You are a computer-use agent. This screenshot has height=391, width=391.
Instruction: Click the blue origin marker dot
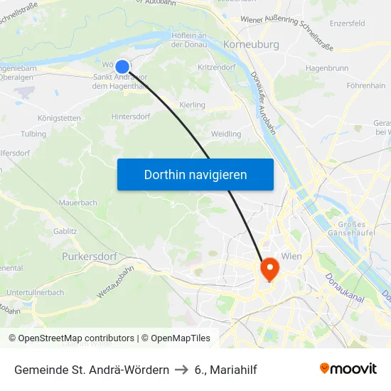[122, 67]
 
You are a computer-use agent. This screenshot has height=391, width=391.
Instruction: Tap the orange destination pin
[270, 268]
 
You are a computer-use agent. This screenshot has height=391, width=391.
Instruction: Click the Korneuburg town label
[251, 44]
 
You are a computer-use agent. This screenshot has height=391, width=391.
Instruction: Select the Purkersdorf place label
[89, 256]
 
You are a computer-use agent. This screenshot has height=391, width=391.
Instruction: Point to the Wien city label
[293, 256]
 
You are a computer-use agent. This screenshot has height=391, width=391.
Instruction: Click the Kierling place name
[193, 105]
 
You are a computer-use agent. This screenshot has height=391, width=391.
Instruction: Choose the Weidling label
[226, 134]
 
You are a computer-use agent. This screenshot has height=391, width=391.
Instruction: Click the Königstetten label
[59, 117]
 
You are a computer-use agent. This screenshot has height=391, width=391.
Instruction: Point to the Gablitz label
[65, 231]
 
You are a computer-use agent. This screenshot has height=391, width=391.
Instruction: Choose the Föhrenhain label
[365, 85]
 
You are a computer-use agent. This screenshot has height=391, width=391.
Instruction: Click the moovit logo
[348, 369]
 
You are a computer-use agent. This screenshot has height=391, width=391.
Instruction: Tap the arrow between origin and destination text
[181, 370]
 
